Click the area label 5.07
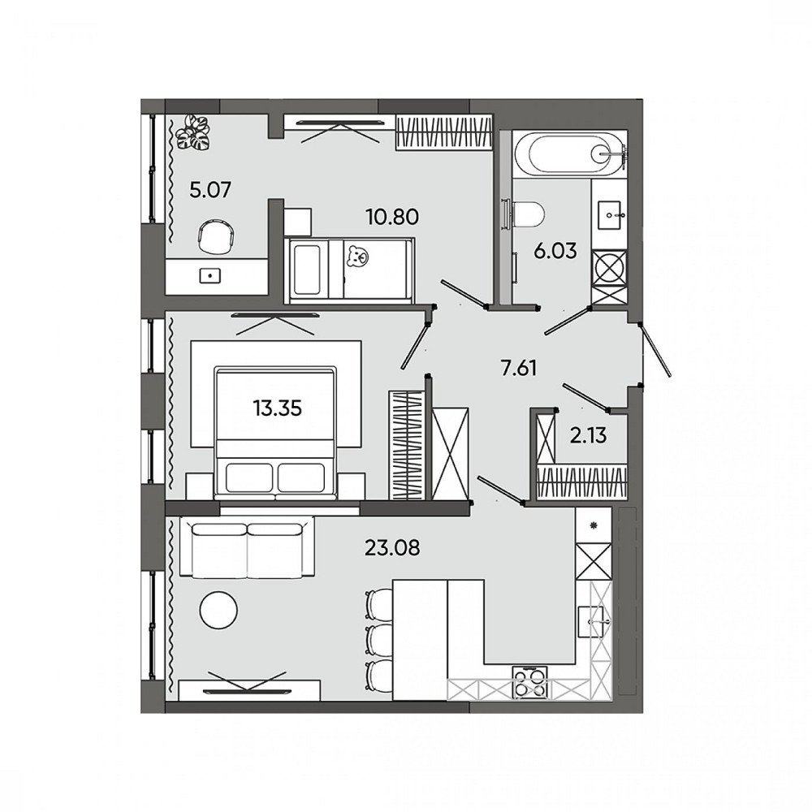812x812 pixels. pyautogui.click(x=211, y=191)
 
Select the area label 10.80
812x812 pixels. pyautogui.click(x=391, y=217)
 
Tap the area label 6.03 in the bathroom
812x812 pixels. pyautogui.click(x=555, y=250)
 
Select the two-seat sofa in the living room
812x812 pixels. pyautogui.click(x=248, y=548)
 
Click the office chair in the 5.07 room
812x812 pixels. pyautogui.click(x=216, y=238)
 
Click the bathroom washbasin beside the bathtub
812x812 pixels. pyautogui.click(x=609, y=216)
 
